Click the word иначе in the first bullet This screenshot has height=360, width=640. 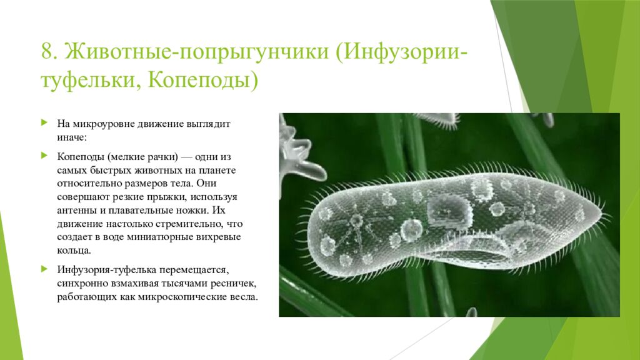pyautogui.click(x=72, y=136)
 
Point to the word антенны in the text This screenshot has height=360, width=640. pyautogui.click(x=74, y=211)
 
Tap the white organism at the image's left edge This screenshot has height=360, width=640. pyautogui.click(x=294, y=147)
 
